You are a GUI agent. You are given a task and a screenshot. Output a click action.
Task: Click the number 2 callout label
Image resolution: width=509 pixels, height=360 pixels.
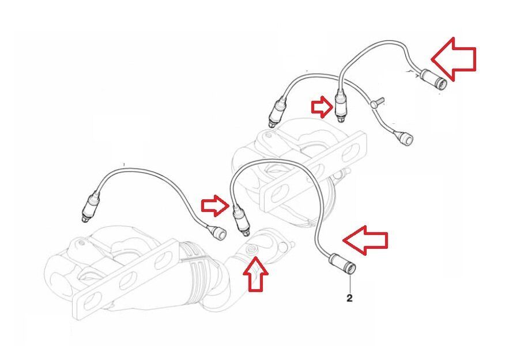point(349,298)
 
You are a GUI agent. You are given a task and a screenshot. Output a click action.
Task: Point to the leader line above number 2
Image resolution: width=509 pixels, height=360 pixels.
point(349,283)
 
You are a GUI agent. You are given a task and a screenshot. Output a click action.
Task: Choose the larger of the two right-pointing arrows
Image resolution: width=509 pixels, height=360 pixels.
point(215,206)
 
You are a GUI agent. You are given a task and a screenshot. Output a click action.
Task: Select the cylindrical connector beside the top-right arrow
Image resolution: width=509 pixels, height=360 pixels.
point(432,78)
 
